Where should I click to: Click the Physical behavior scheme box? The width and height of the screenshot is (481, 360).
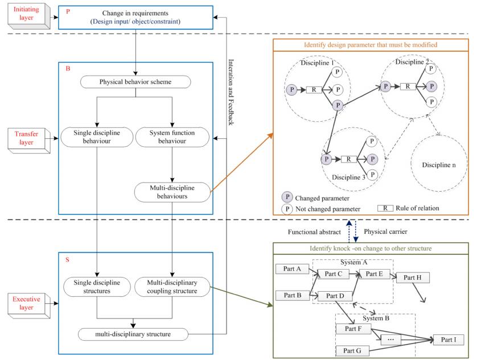pos(135,81)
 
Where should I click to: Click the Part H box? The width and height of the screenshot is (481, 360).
pos(412,278)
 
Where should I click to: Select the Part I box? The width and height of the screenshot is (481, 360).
pos(449,340)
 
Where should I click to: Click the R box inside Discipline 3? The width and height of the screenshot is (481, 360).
pos(348,159)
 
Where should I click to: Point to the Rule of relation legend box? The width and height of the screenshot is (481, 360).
pos(385,208)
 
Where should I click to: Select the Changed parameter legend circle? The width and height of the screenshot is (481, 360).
pos(288,197)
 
